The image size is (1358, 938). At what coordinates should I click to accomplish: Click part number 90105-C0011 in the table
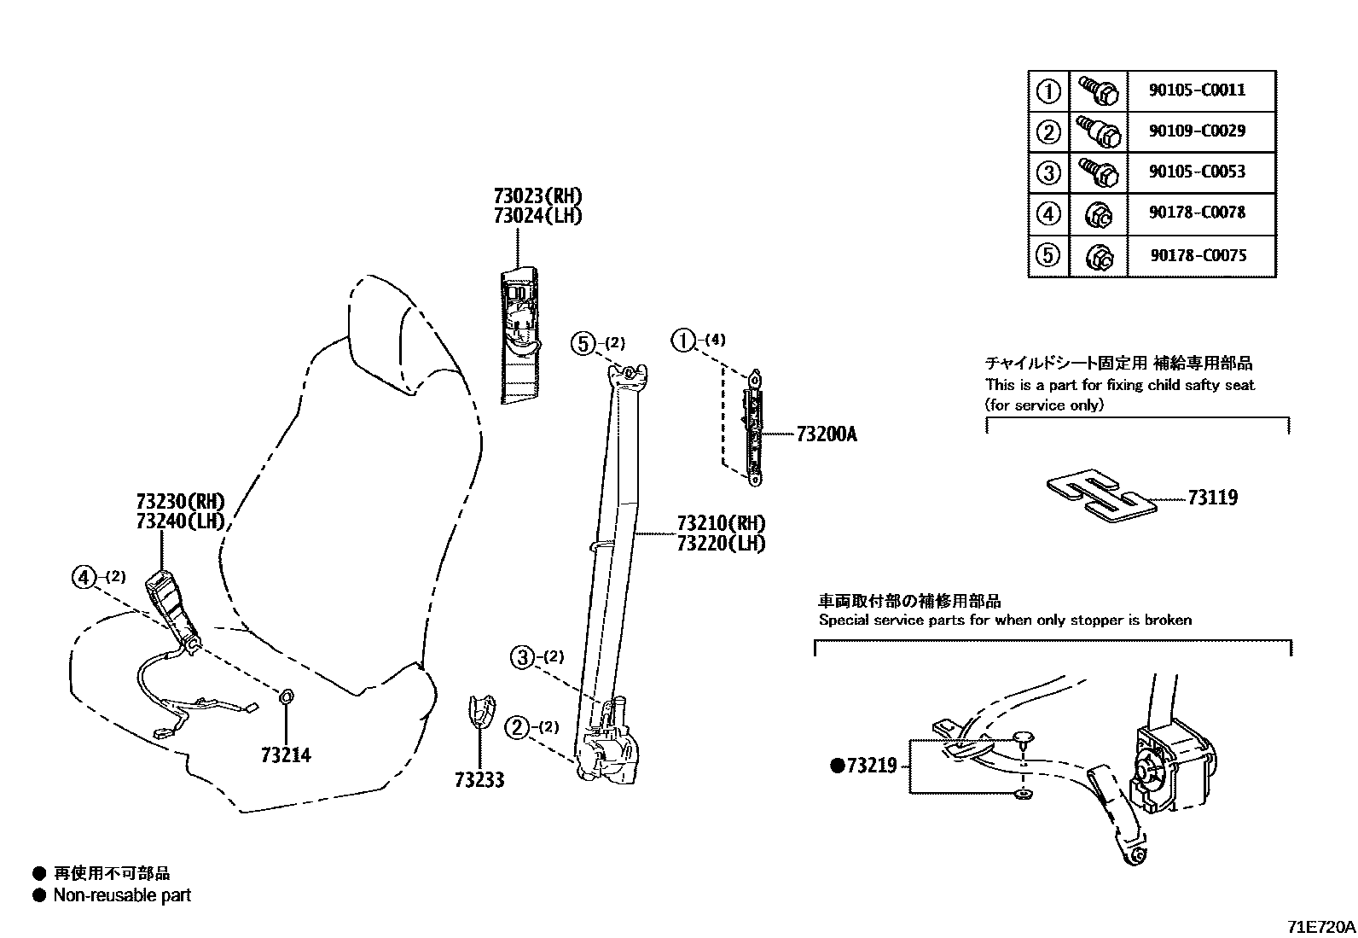tap(1197, 90)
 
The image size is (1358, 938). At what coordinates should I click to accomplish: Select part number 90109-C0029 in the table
tap(1197, 131)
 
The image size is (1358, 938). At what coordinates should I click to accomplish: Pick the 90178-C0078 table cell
tap(1197, 212)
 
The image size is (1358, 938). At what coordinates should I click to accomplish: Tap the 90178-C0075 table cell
tap(1197, 254)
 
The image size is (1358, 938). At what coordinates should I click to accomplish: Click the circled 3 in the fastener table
tap(1048, 172)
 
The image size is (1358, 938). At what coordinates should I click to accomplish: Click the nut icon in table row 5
tap(1098, 255)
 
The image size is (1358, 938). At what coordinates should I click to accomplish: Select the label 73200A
tap(826, 434)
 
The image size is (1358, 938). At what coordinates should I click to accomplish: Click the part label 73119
tap(1212, 498)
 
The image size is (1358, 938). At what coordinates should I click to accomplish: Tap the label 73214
tap(286, 755)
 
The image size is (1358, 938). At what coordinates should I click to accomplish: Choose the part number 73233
tap(479, 779)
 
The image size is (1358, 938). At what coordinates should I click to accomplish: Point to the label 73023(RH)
tap(537, 196)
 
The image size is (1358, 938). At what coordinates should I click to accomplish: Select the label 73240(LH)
tap(179, 521)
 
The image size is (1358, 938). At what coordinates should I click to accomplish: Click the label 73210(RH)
tap(720, 523)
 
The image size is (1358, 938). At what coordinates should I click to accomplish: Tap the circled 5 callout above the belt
tap(583, 343)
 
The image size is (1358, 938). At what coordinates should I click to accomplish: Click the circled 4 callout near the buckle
tap(84, 578)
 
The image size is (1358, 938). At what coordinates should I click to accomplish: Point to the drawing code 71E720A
tap(1320, 926)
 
